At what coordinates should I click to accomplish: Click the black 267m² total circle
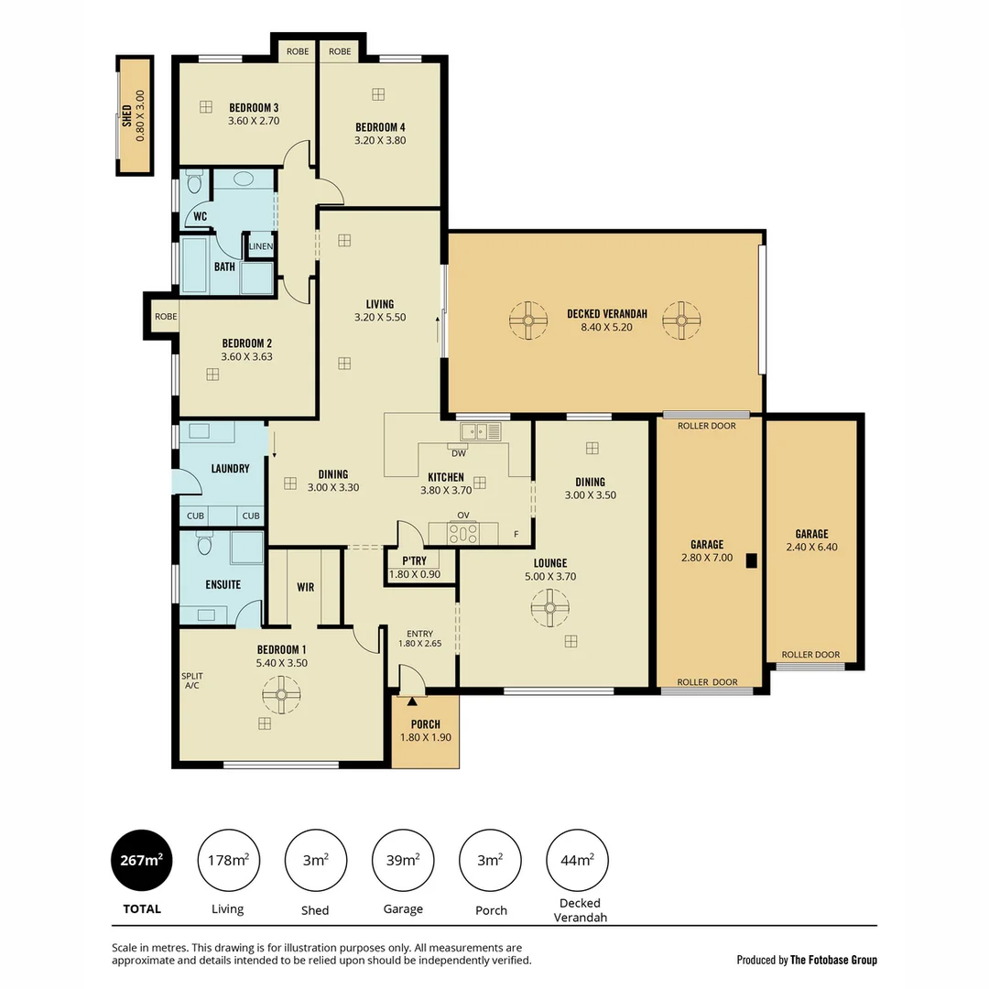(x=142, y=860)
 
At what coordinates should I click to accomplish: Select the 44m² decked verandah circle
(x=577, y=860)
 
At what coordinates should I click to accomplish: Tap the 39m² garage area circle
(x=403, y=860)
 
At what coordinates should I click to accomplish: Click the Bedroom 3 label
(x=254, y=107)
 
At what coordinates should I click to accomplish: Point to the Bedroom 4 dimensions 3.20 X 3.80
(x=380, y=141)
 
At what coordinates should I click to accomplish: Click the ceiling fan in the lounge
(x=549, y=607)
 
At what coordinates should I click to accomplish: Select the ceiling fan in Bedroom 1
(x=280, y=694)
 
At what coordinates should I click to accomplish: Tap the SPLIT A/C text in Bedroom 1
(x=192, y=680)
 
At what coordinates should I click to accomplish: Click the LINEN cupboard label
(x=261, y=245)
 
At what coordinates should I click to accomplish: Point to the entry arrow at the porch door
(x=411, y=702)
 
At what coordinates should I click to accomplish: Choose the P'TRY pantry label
(x=415, y=560)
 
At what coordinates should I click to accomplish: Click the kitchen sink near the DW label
(x=481, y=431)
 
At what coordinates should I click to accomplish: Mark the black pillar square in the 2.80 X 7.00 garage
(x=751, y=561)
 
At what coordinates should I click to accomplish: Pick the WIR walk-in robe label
(x=306, y=587)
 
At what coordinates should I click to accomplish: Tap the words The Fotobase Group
(x=833, y=960)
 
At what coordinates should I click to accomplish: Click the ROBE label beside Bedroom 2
(x=166, y=317)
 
